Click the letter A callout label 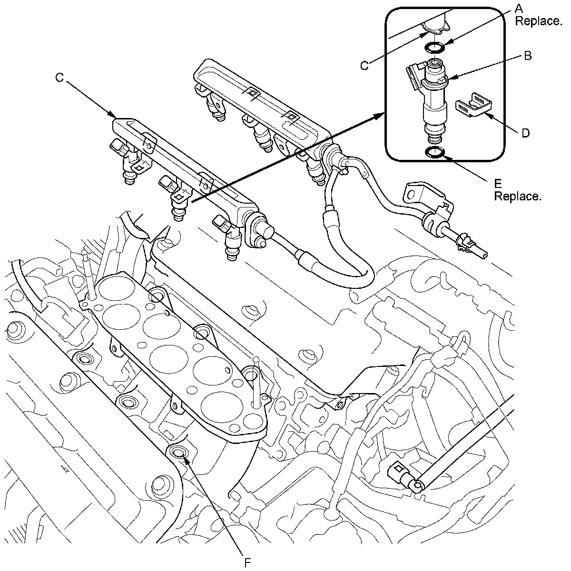[x=519, y=8]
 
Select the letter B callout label [x=528, y=56]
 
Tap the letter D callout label [x=525, y=133]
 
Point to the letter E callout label [x=498, y=184]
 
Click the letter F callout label [x=247, y=562]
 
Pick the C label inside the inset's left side [x=364, y=66]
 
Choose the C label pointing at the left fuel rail [x=59, y=78]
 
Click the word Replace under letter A [x=538, y=21]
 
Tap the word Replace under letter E [x=518, y=197]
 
